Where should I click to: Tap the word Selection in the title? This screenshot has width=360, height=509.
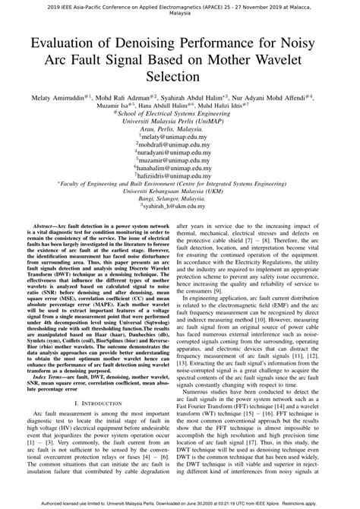(x=180, y=77)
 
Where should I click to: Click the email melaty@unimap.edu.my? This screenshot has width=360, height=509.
(x=180, y=138)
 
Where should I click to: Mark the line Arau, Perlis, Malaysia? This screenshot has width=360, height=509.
(x=180, y=130)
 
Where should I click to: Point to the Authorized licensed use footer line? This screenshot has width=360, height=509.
(x=180, y=502)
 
